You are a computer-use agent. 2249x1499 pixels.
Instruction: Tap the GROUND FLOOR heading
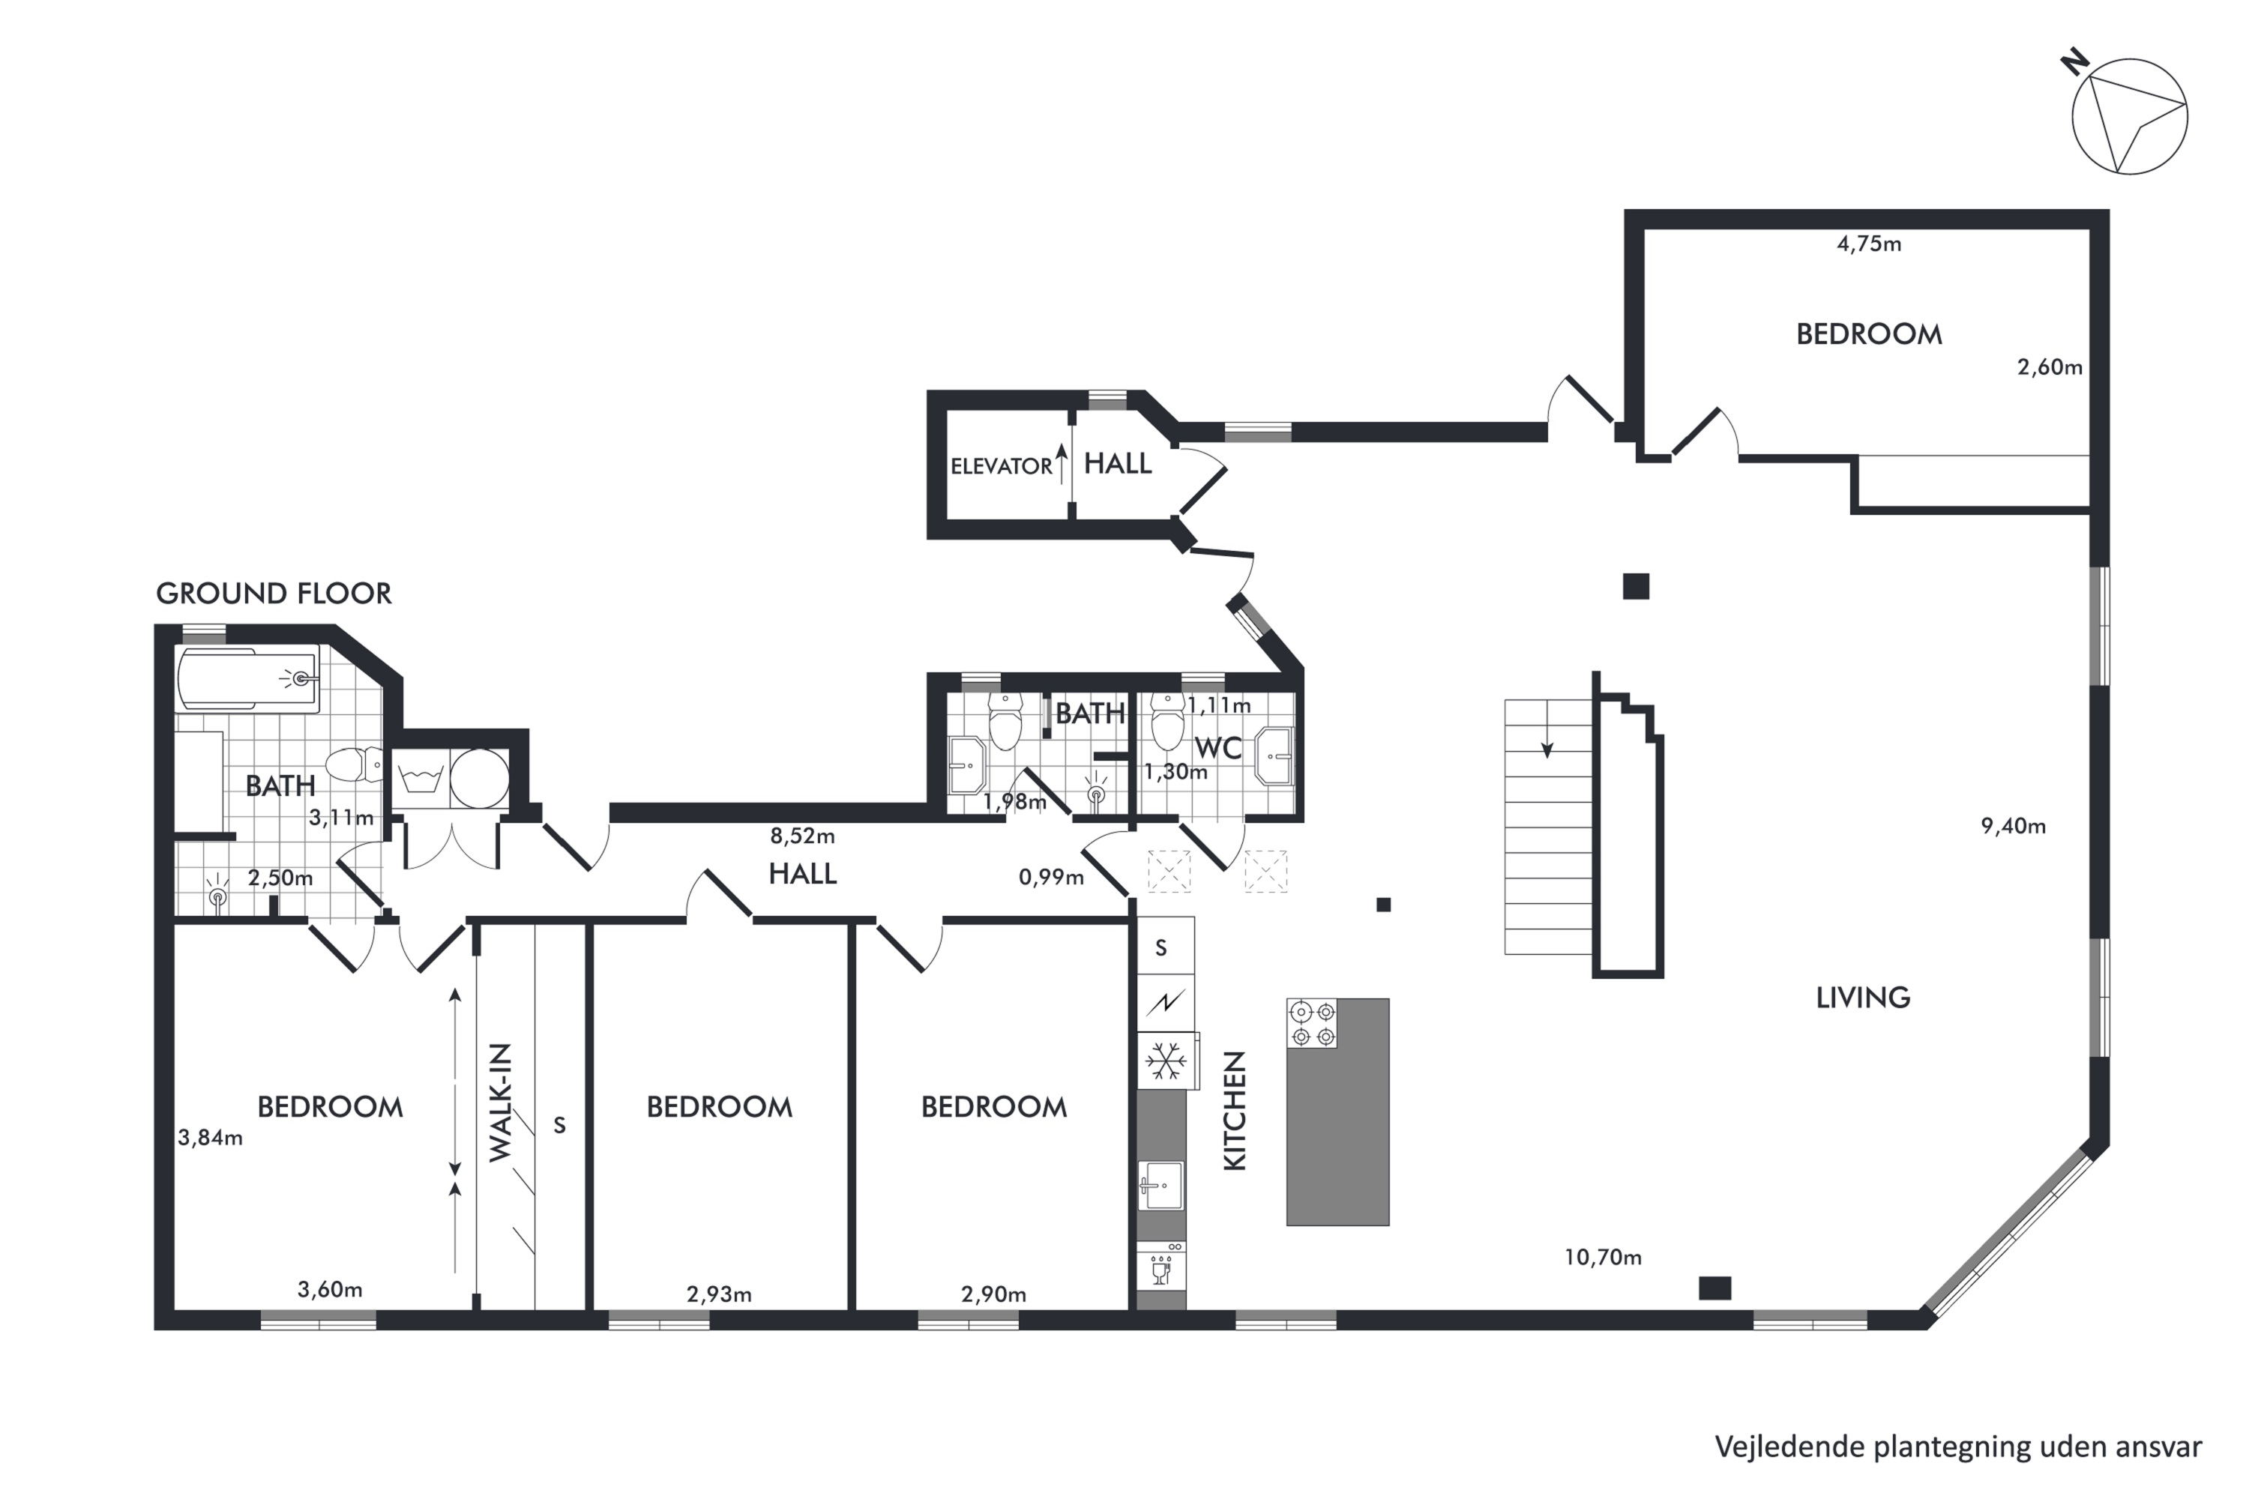click(274, 594)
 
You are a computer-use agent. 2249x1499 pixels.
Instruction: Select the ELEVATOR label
click(1001, 466)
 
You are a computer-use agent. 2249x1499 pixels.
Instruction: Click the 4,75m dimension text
click(1868, 244)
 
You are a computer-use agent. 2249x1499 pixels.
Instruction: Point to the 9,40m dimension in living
click(2013, 826)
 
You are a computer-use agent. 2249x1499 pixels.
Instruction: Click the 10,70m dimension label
click(1603, 1257)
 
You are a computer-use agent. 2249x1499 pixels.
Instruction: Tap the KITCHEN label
click(1235, 1111)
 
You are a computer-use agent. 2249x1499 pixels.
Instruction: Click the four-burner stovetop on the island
click(1312, 1023)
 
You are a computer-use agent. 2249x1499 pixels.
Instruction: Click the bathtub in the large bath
click(247, 679)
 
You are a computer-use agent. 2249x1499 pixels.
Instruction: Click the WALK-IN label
click(501, 1103)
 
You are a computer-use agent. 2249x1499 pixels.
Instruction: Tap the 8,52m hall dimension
click(802, 836)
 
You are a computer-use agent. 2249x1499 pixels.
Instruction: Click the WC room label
click(1217, 747)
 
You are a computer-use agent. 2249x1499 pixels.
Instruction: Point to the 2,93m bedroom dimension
click(719, 1294)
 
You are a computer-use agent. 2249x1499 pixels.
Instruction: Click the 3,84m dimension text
click(211, 1138)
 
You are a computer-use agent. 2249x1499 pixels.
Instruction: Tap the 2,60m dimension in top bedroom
click(2050, 367)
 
